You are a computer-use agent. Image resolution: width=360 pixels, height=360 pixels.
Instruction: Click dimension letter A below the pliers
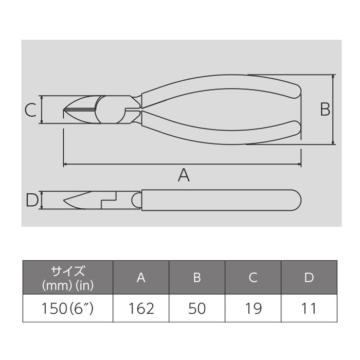184,176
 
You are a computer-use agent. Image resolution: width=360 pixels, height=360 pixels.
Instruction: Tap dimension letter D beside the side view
32,200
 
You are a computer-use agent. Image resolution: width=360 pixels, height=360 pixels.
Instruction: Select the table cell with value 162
141,308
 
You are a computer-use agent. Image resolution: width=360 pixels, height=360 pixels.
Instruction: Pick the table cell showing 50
197,308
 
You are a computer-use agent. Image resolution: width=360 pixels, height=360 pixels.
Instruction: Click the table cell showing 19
253,308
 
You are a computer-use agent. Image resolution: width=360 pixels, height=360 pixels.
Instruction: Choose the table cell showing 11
309,308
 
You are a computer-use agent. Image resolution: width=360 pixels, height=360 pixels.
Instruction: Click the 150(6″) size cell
67,308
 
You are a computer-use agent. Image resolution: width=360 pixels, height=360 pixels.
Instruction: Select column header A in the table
141,278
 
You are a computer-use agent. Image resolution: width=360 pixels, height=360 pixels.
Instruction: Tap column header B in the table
197,278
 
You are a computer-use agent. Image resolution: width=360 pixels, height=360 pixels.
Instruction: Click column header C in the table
253,278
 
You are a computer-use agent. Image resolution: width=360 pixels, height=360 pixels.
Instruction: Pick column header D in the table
309,278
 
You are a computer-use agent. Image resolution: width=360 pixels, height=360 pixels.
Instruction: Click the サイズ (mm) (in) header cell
67,278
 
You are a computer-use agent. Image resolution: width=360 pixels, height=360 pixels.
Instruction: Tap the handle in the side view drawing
221,200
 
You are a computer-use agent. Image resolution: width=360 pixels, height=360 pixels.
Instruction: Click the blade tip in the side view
65,201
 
